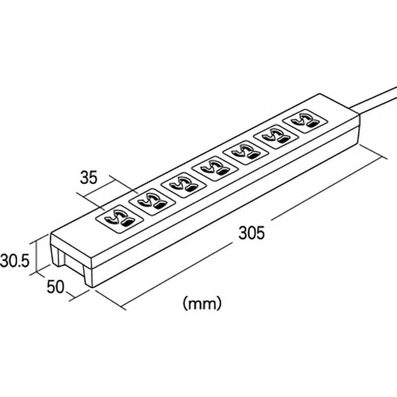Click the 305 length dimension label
tap(252, 233)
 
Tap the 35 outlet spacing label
tap(89, 178)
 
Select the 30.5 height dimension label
tap(14, 261)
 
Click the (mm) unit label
tap(202, 303)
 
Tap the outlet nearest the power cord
tap(304, 121)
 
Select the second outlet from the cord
tap(276, 137)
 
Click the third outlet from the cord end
tap(245, 152)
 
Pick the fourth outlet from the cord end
tap(215, 169)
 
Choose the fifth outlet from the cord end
tap(184, 185)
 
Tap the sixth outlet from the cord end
tap(152, 202)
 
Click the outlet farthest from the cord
tap(119, 219)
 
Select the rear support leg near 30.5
tap(57, 256)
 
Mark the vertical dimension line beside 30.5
tap(37, 257)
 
